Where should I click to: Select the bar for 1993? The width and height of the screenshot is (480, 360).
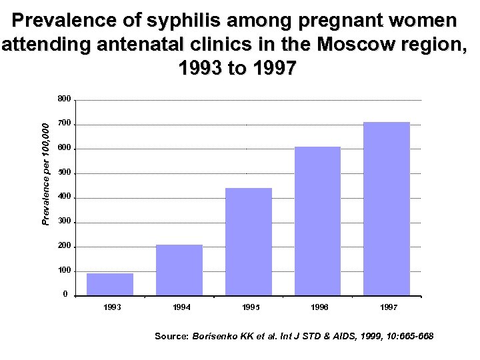pos(110,284)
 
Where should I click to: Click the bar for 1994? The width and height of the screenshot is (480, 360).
pos(179,270)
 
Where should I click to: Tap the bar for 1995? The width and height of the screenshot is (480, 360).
pos(249,241)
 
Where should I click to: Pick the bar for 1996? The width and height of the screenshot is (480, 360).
pos(317,221)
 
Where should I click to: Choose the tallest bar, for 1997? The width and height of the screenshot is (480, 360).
pos(387,209)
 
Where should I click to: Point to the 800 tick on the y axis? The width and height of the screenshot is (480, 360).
pos(64,99)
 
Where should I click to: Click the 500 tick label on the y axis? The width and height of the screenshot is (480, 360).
pos(64,173)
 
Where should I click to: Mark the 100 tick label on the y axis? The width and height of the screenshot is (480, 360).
pos(64,271)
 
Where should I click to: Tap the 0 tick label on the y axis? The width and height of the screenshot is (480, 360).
pos(65,295)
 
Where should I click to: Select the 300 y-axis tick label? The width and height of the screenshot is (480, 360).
pos(64,221)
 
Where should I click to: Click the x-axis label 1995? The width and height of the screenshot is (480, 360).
pos(251,307)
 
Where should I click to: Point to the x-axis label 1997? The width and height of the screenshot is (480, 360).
pos(389,307)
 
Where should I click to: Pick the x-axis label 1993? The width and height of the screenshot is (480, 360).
pos(112,307)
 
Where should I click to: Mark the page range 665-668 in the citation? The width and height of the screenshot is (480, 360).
pos(414,337)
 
